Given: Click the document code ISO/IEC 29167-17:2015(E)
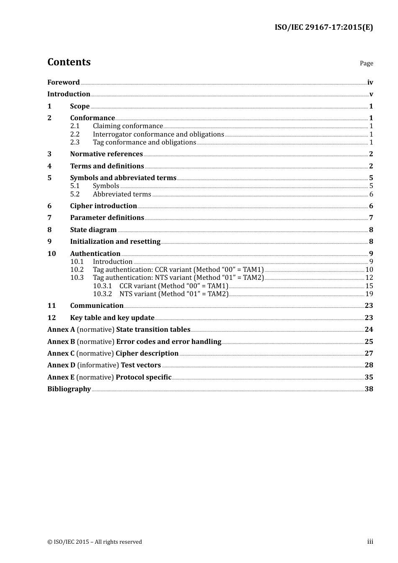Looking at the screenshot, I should coord(323,27).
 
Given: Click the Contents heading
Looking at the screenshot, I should coord(69,62).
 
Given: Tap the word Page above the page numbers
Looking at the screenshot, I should coord(366,63).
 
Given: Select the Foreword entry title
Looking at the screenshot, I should coord(63,83).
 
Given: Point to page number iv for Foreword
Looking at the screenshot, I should coord(370,83).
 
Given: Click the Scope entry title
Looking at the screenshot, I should coord(80,106).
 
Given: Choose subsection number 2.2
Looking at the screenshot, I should coord(75,134).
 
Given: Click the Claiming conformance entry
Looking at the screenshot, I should coord(128,126).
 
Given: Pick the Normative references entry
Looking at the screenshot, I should coord(106,154).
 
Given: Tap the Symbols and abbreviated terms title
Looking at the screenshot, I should coord(123,178).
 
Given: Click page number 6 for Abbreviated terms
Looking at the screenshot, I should coord(371,194).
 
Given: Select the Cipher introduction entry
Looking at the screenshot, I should coord(103,206).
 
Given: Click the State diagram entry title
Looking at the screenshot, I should coord(93,230).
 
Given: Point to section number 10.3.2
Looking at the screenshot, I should coord(102,294).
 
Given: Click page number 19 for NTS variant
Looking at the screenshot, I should coord(369,294).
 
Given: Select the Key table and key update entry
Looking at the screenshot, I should coord(112,318).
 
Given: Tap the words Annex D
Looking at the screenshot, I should coord(61,365).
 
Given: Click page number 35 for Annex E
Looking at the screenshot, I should coord(369,377).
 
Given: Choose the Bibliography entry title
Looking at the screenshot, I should coord(69,389).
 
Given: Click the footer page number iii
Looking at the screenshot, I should coord(370,542).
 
